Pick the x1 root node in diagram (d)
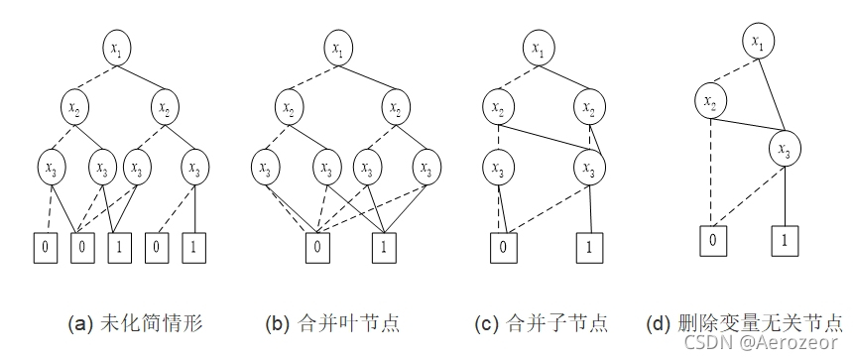click(758, 43)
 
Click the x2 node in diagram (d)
click(709, 101)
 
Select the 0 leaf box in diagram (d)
click(710, 240)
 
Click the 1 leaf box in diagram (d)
click(785, 240)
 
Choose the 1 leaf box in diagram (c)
click(589, 244)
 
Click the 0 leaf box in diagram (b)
click(315, 244)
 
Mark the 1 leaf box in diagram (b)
click(382, 244)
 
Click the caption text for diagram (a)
click(135, 323)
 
